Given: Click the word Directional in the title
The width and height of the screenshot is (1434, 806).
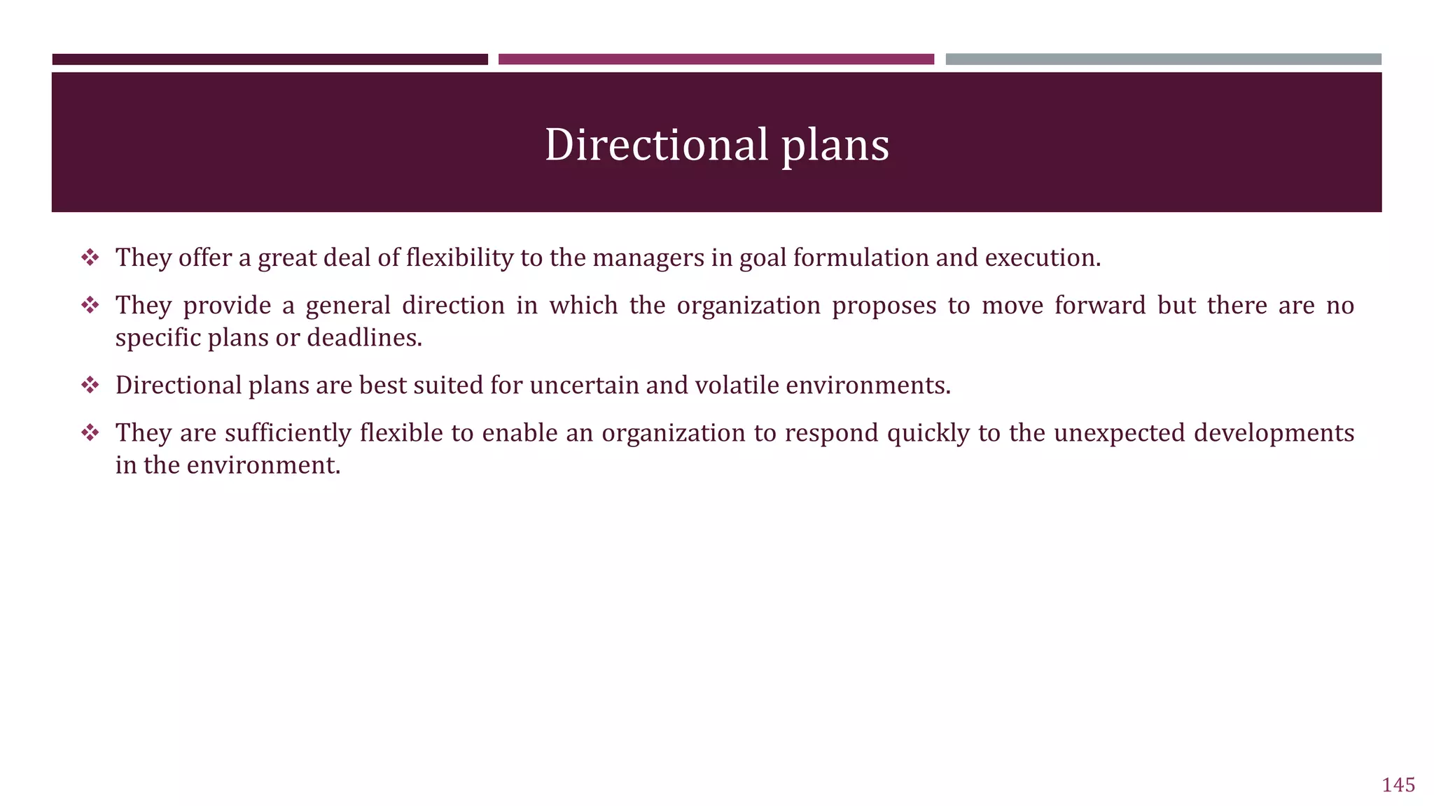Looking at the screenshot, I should click(656, 145).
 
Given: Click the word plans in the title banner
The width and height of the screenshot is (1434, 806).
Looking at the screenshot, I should click(835, 145).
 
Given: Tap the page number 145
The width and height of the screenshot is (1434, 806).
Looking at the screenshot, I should click(1398, 785).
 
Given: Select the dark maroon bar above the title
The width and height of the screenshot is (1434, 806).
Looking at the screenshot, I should click(270, 59).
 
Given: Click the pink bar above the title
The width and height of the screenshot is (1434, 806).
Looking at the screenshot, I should click(716, 59).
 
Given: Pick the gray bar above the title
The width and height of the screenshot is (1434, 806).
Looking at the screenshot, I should click(1163, 59).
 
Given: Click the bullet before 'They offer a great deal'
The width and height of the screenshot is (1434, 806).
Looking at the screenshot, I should click(90, 257).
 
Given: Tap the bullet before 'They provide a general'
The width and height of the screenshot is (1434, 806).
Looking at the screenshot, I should click(90, 305).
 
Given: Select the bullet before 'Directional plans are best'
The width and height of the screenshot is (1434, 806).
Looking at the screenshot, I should click(90, 385).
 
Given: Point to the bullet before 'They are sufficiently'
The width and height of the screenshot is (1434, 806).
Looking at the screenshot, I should click(90, 432).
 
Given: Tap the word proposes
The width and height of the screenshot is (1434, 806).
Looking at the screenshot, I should click(884, 306).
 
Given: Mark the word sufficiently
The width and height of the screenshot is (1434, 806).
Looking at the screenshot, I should click(287, 433).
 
